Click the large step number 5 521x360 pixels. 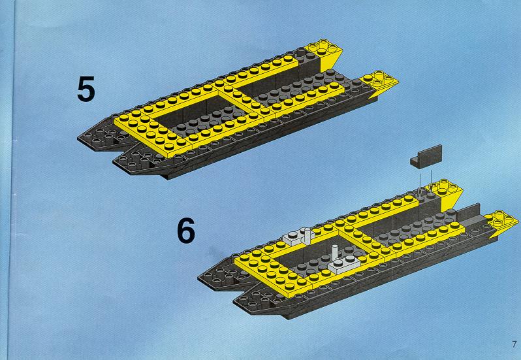[86, 89]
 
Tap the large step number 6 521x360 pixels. [185, 231]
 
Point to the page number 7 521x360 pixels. [514, 344]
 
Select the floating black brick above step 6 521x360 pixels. [426, 157]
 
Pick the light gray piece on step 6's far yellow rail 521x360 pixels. [298, 237]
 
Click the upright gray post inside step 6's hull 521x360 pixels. [336, 253]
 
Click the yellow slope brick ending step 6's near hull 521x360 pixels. [501, 223]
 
